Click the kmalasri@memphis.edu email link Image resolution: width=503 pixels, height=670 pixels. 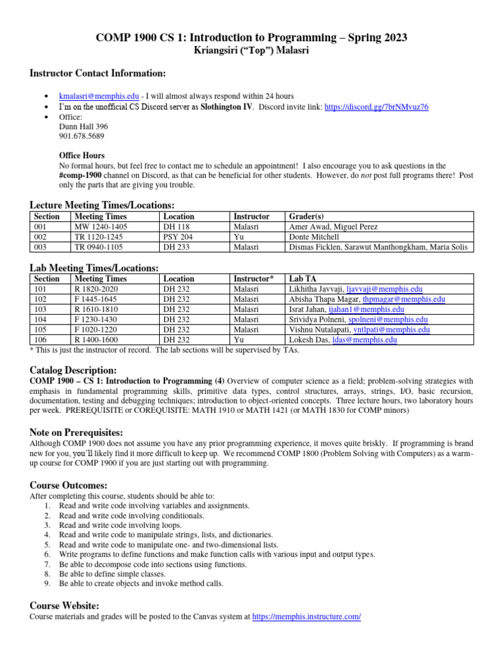pyautogui.click(x=98, y=96)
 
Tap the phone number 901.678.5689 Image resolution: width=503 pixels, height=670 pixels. pyautogui.click(x=81, y=136)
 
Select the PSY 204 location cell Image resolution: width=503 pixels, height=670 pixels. pyautogui.click(x=178, y=237)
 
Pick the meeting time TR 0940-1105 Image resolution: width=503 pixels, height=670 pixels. pyautogui.click(x=102, y=247)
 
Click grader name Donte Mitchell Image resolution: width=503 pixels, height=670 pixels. pyautogui.click(x=314, y=237)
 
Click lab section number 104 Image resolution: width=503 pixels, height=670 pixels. pyautogui.click(x=41, y=320)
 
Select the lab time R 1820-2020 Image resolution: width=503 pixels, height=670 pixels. pyautogui.click(x=97, y=289)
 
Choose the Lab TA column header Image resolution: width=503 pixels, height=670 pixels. pyautogui.click(x=303, y=279)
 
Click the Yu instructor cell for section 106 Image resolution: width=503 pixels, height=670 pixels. pyautogui.click(x=239, y=340)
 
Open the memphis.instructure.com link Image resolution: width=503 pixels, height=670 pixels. pyautogui.click(x=306, y=616)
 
